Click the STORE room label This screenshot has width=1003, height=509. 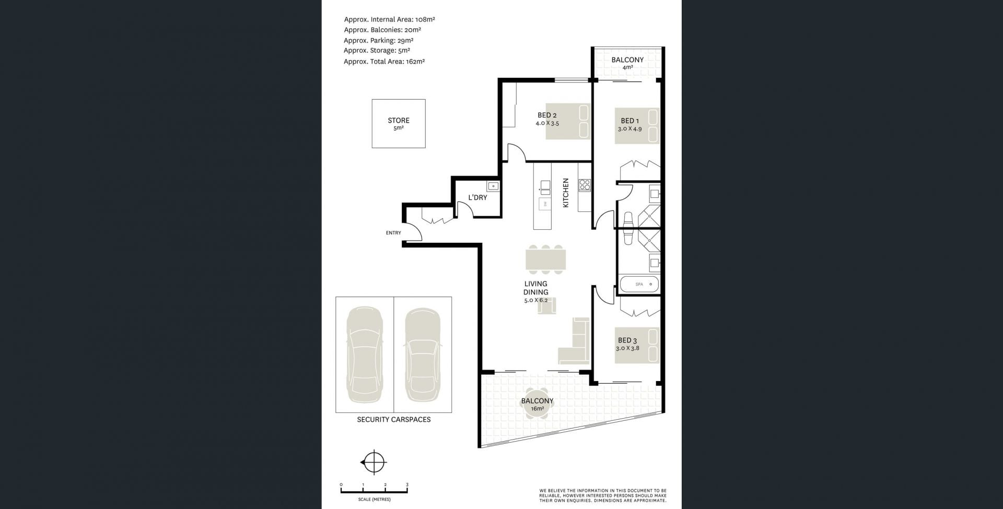click(399, 121)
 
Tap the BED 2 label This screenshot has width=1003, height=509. click(547, 115)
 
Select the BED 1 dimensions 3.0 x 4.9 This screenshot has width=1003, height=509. click(629, 128)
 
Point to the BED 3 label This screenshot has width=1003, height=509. click(627, 340)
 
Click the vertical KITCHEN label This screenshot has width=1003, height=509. click(566, 193)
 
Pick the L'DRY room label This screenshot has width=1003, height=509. click(477, 198)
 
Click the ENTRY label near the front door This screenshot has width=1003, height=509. click(393, 233)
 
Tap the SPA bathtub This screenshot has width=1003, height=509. click(639, 285)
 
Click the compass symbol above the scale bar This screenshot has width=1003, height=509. click(374, 463)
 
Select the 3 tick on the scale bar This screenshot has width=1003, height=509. click(407, 486)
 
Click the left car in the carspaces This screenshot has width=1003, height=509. click(365, 354)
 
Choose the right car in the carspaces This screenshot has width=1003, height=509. click(423, 354)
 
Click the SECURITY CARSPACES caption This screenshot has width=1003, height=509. click(394, 420)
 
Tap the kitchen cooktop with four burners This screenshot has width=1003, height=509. click(585, 185)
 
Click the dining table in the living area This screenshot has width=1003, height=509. click(546, 259)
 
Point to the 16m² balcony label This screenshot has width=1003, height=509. click(537, 405)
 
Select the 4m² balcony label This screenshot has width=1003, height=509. click(627, 63)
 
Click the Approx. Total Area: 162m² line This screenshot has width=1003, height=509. click(384, 62)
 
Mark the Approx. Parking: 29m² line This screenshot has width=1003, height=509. click(379, 41)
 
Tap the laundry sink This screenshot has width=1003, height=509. click(493, 186)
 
